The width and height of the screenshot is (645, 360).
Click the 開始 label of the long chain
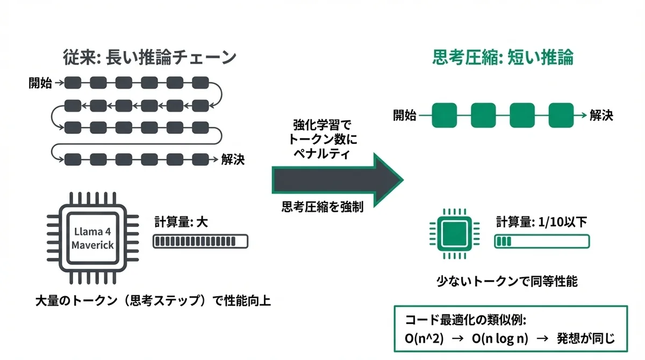point(40,83)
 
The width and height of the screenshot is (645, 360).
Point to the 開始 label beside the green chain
point(404,115)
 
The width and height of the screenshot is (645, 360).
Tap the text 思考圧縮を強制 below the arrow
point(322,207)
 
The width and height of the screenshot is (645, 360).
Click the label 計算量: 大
point(181,221)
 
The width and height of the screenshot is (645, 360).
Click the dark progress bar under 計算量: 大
point(200,241)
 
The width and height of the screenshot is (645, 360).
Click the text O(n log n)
point(499,340)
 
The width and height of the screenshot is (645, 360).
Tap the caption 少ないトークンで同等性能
point(507,281)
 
